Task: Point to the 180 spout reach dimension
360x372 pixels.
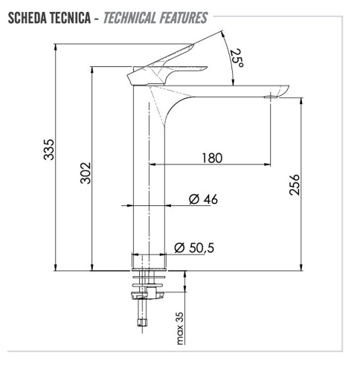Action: (212, 157)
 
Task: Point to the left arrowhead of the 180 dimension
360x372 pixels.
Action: (153, 164)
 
